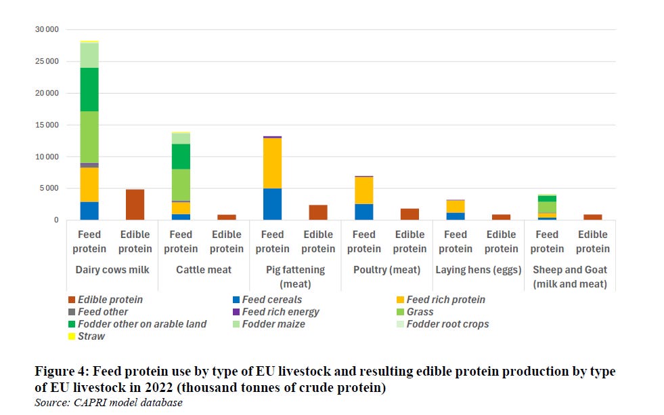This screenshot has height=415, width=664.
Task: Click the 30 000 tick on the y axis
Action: (47, 29)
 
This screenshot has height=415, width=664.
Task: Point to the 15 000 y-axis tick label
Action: (47, 125)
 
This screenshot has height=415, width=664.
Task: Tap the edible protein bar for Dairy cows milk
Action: (135, 205)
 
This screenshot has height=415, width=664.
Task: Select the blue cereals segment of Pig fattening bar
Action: (272, 204)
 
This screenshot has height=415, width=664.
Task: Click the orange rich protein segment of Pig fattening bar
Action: (272, 163)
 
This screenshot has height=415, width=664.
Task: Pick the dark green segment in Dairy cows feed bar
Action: (89, 90)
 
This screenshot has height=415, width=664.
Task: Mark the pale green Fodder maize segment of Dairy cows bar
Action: (89, 55)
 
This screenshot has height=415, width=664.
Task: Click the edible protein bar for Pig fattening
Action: (318, 213)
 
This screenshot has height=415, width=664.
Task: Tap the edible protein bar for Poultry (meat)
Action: (410, 214)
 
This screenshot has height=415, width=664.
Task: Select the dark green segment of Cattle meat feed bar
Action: (181, 157)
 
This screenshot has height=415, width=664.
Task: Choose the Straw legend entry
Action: (87, 336)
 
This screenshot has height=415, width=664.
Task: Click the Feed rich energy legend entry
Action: (275, 312)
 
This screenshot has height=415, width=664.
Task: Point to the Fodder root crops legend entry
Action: (443, 324)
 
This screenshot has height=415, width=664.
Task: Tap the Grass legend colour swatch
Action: (400, 312)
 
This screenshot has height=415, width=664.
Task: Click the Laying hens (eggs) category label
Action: (478, 270)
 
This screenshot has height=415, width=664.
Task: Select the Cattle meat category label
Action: (204, 270)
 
